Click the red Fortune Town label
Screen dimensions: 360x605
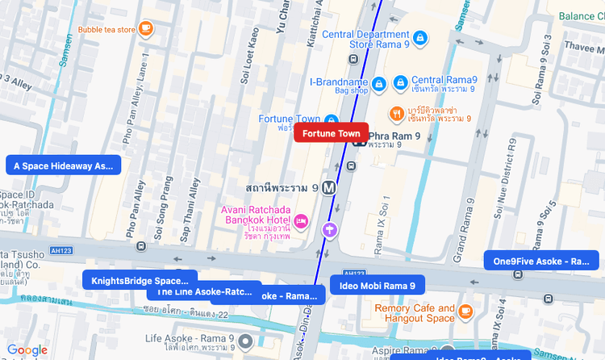pyautogui.click(x=332, y=133)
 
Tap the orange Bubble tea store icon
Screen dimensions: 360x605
pyautogui.click(x=145, y=29)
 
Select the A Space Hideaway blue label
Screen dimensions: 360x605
pyautogui.click(x=64, y=165)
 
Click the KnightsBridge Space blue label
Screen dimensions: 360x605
pyautogui.click(x=140, y=281)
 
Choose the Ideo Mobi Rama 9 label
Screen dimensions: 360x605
pyautogui.click(x=378, y=286)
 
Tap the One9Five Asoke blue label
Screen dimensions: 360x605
pyautogui.click(x=541, y=261)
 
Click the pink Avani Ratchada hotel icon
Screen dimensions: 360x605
pyautogui.click(x=301, y=220)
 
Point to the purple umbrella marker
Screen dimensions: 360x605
pyautogui.click(x=329, y=230)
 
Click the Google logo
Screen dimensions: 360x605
pyautogui.click(x=27, y=350)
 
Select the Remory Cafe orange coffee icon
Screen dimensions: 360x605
pyautogui.click(x=465, y=312)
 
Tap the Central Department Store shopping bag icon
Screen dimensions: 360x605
pyautogui.click(x=419, y=38)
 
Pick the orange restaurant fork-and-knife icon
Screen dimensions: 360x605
pyautogui.click(x=397, y=112)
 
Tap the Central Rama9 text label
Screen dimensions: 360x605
pyautogui.click(x=444, y=80)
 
